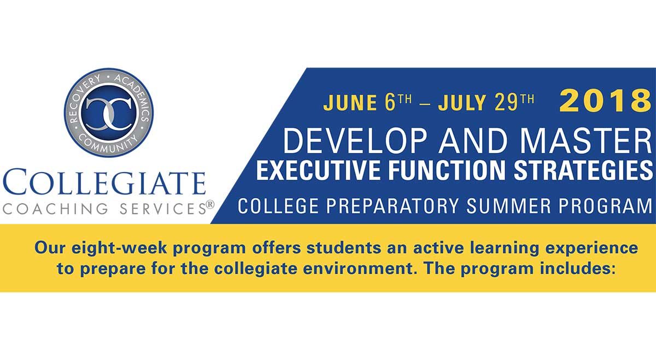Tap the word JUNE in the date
coord(350,103)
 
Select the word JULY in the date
coord(462,103)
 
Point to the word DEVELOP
coord(355,141)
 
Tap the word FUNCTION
coord(449,170)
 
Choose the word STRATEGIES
coord(583,170)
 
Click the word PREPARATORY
coord(393,206)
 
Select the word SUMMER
coord(508,206)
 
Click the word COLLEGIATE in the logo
coord(104,182)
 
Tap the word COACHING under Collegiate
coord(56,209)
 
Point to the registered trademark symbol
coord(210,204)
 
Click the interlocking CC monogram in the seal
coord(109,113)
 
